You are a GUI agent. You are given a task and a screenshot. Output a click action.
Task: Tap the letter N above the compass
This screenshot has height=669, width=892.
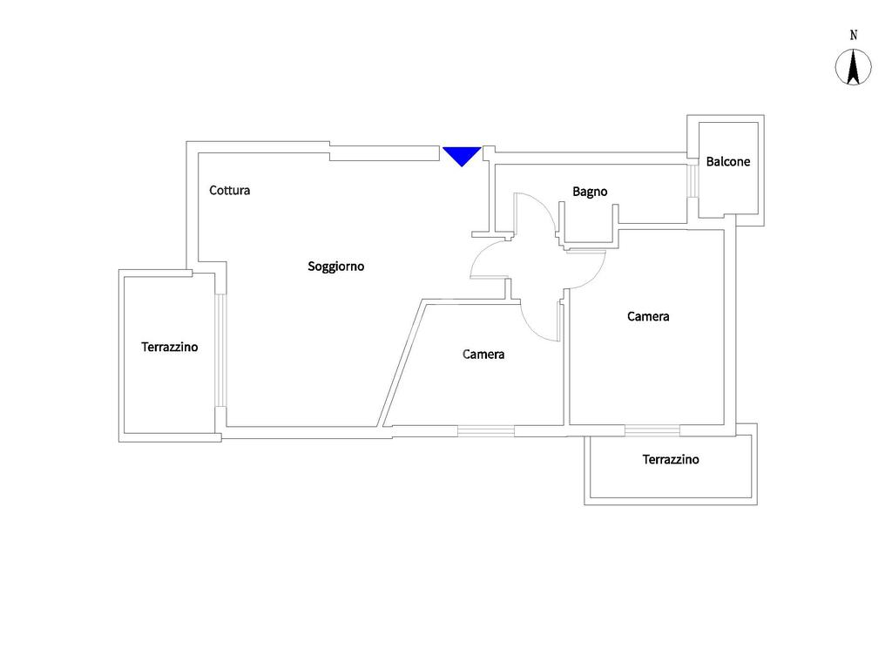click(854, 35)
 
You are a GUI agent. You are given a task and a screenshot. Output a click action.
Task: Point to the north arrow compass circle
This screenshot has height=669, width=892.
click(854, 67)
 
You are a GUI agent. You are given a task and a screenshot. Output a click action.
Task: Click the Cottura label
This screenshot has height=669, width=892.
click(230, 190)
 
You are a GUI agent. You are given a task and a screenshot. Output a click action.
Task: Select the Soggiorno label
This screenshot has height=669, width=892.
click(335, 267)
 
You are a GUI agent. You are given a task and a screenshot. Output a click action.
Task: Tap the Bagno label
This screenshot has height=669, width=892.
click(590, 192)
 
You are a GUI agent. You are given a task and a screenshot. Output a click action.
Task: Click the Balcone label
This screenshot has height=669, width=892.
click(728, 161)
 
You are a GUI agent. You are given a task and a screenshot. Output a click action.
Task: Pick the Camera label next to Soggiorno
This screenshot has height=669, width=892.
click(483, 355)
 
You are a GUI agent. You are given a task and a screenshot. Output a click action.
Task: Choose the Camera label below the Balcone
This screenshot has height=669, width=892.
click(648, 316)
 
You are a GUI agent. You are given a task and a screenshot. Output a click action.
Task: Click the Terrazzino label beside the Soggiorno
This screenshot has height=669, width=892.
click(170, 347)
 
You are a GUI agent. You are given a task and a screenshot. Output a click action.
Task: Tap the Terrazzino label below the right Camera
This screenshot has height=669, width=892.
click(671, 460)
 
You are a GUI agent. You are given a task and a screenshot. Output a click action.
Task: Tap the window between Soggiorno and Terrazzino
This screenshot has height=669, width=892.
click(220, 350)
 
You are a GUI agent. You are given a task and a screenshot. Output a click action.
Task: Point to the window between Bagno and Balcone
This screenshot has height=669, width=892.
click(693, 181)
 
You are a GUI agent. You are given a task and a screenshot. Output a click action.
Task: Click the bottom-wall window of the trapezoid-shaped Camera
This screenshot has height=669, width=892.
click(486, 431)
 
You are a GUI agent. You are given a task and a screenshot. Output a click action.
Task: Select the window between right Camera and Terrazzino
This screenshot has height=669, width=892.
click(652, 430)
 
